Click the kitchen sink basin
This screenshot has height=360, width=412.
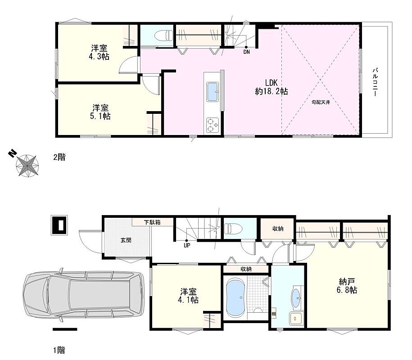click(x=213, y=92)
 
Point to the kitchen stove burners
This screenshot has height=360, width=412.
click(x=213, y=125)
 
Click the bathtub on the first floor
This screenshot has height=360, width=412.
click(x=236, y=298)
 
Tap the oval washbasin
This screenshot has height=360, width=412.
click(x=296, y=298)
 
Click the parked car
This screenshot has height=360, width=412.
click(x=84, y=295)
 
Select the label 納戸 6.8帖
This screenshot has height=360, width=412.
click(x=347, y=286)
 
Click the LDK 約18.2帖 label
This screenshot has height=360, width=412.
click(x=272, y=87)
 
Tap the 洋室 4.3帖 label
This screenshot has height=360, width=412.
click(x=99, y=53)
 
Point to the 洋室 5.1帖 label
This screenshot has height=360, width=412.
click(x=100, y=112)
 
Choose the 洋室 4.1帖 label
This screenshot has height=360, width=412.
click(x=188, y=296)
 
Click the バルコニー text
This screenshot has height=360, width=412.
click(x=375, y=82)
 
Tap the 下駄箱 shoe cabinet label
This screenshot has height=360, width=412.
click(x=152, y=222)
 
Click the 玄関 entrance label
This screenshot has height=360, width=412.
click(x=126, y=240)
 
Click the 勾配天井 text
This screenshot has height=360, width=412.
click(x=321, y=102)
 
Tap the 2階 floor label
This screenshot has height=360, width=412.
click(x=59, y=157)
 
